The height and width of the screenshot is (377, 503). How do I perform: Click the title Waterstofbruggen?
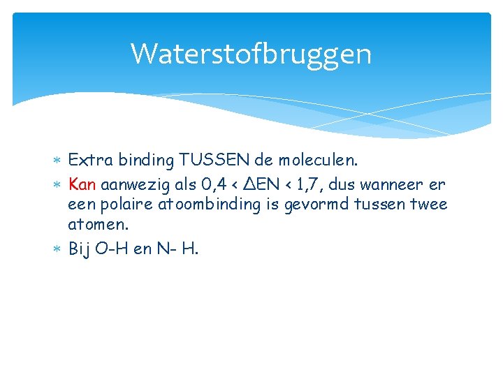pyautogui.click(x=251, y=54)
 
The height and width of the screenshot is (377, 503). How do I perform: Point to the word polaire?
pyautogui.click(x=129, y=205)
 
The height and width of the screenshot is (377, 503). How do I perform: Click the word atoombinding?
pyautogui.click(x=211, y=205)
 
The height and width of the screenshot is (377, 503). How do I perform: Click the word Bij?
pyautogui.click(x=80, y=249)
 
